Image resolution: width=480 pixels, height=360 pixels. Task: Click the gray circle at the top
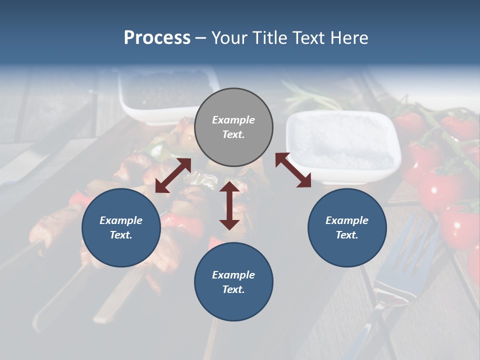click(233, 127)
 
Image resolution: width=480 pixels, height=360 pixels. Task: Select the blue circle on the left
click(121, 227)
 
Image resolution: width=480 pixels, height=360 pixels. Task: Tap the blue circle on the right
click(347, 227)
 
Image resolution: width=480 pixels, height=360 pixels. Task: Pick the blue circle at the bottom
click(233, 282)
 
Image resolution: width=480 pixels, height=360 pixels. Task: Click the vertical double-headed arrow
click(229, 205)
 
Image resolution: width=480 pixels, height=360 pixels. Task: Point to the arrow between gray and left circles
click(173, 175)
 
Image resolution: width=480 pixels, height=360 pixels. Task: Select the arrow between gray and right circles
click(293, 170)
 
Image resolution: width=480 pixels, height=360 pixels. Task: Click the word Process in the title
click(157, 38)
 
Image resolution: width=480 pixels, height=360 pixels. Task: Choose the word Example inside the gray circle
click(233, 120)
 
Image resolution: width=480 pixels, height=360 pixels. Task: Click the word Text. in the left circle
click(121, 235)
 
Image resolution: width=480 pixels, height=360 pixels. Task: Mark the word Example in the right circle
click(347, 220)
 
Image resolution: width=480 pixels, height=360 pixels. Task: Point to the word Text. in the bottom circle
click(233, 289)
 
